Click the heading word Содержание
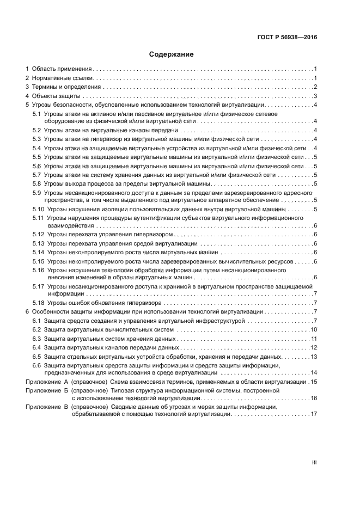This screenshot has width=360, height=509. click(172, 54)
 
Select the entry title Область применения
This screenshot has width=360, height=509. click(62, 69)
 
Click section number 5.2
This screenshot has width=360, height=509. click(36, 131)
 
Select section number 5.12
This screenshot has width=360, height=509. click(38, 234)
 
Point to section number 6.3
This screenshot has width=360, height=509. click(36, 339)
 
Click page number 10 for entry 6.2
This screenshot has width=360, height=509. click(314, 330)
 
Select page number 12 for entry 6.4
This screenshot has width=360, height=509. click(314, 347)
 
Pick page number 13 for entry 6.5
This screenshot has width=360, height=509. click(314, 357)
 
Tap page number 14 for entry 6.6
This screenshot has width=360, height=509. click(314, 373)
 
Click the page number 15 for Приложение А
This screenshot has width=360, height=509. click(314, 382)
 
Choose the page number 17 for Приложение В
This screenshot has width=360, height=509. click(314, 414)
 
